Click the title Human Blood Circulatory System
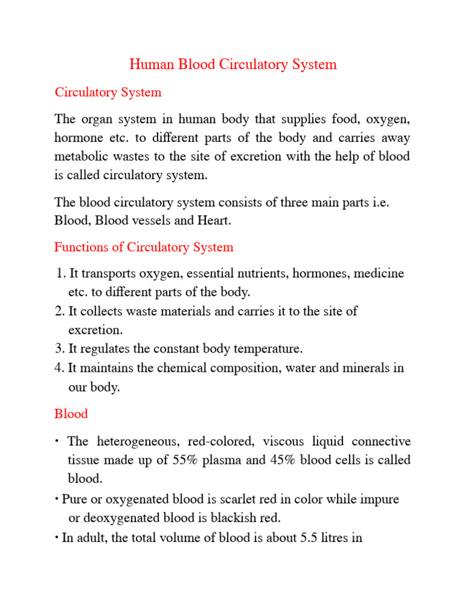pyautogui.click(x=233, y=64)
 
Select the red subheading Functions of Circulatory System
pyautogui.click(x=144, y=247)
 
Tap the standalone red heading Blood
pyautogui.click(x=71, y=414)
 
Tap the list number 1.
pyautogui.click(x=60, y=274)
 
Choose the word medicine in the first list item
pyautogui.click(x=379, y=274)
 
